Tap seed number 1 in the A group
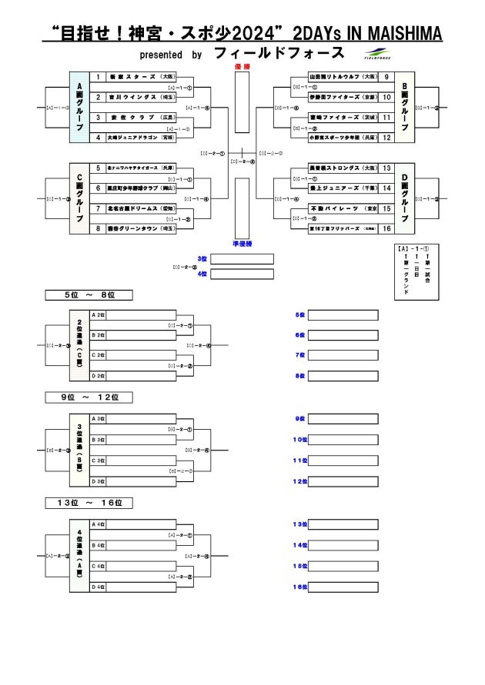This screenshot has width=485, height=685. [98, 78]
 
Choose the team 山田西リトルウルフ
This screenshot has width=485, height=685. [338, 78]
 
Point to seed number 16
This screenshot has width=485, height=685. [386, 228]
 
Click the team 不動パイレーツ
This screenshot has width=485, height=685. [338, 208]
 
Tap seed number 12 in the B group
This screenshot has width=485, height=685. [386, 138]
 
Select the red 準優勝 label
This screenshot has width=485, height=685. [242, 244]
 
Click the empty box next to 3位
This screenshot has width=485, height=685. [242, 259]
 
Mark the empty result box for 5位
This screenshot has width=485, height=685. [343, 315]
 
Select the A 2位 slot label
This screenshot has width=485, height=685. [98, 314]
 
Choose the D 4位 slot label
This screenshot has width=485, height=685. [98, 587]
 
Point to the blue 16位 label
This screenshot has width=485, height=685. [299, 587]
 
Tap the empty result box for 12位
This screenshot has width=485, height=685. [343, 482]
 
